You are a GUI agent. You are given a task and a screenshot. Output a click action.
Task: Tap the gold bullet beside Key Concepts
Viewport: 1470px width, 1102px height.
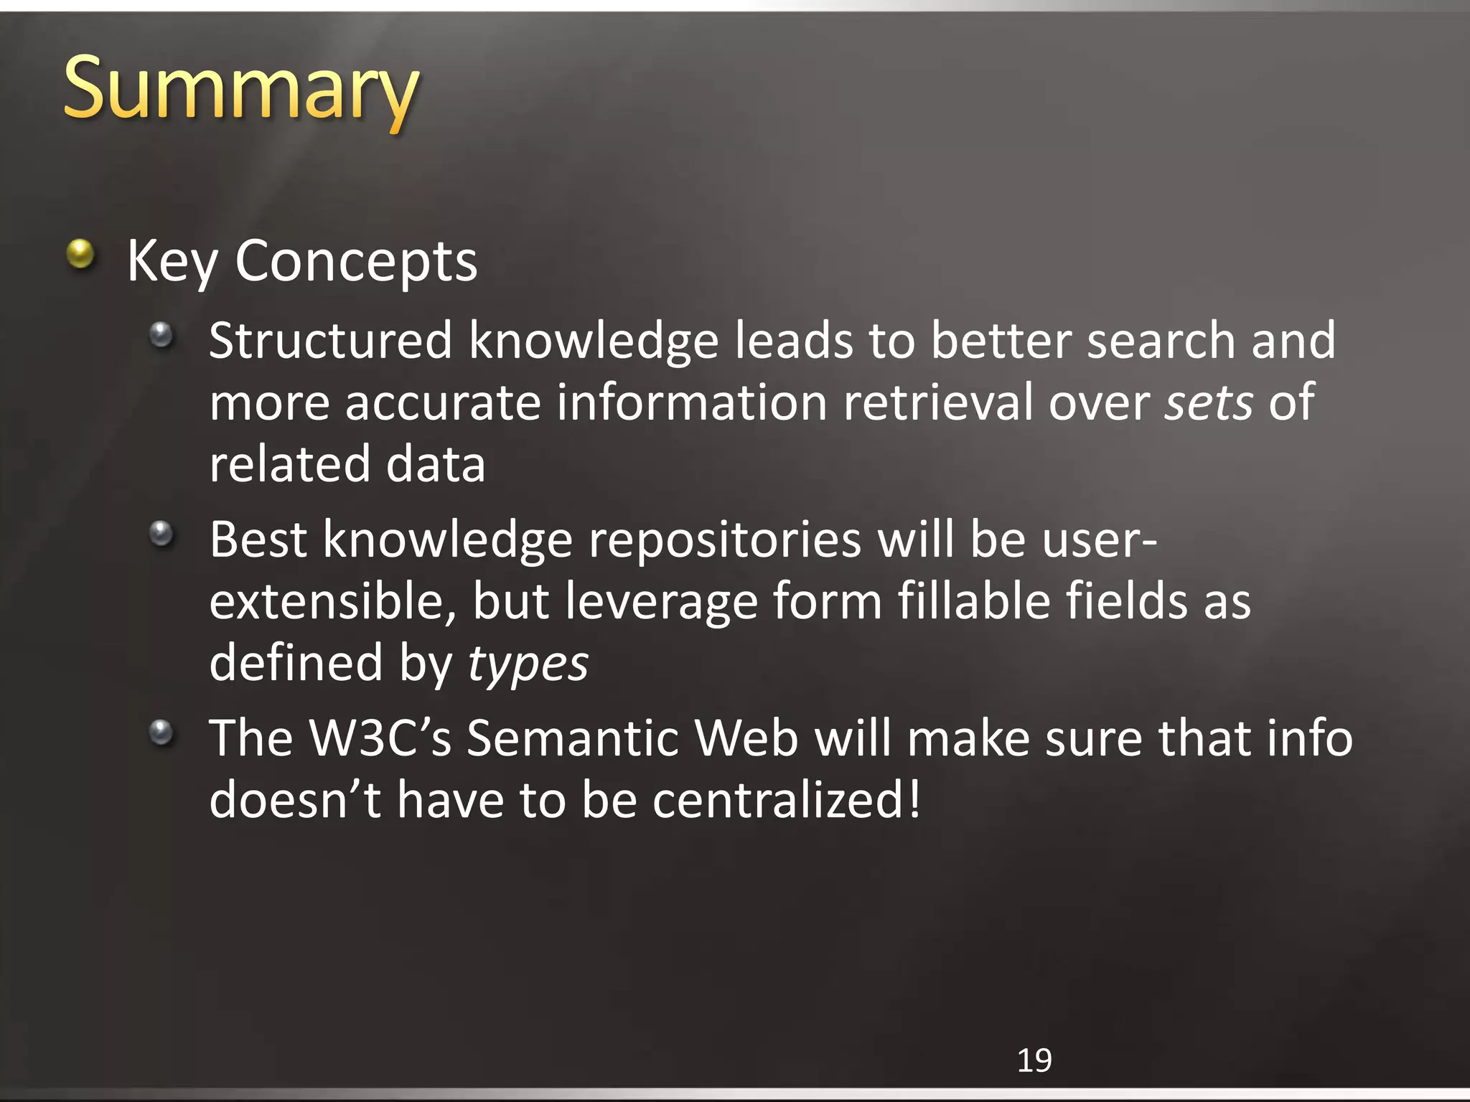pos(80,254)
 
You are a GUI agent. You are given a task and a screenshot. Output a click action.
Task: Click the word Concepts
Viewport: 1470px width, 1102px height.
pos(356,261)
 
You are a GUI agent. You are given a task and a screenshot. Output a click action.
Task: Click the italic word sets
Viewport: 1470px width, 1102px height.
pos(1209,402)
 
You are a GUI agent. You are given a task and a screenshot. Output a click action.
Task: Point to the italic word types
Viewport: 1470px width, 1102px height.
pos(528,664)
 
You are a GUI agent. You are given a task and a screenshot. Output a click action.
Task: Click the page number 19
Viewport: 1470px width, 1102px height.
pos(1034,1060)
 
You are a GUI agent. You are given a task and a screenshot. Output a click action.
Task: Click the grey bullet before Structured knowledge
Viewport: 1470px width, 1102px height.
pos(161,334)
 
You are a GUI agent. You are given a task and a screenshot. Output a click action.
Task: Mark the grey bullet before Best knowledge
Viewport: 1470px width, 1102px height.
pos(161,533)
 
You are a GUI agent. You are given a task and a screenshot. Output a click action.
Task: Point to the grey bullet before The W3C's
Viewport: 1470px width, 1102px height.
pos(161,732)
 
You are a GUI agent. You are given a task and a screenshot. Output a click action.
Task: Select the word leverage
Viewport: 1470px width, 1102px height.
pos(661,603)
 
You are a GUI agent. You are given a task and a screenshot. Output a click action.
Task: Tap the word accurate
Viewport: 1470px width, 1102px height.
pos(442,402)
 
